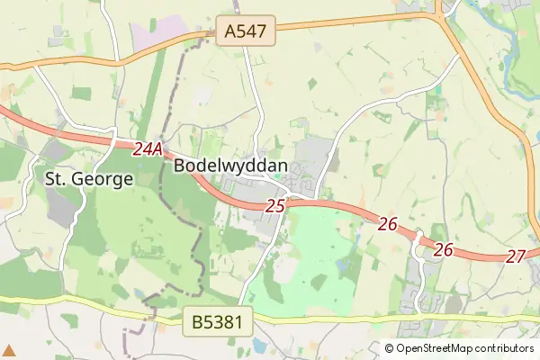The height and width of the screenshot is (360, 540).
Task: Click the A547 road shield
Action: pos(246,32)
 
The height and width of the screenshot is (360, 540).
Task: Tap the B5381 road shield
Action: pos(217,320)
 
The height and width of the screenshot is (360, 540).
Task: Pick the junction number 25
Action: pos(275,206)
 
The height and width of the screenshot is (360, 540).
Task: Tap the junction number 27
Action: pos(515,256)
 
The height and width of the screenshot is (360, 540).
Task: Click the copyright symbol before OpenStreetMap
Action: pos(390,348)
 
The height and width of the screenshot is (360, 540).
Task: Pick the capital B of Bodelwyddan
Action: pos(179,166)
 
